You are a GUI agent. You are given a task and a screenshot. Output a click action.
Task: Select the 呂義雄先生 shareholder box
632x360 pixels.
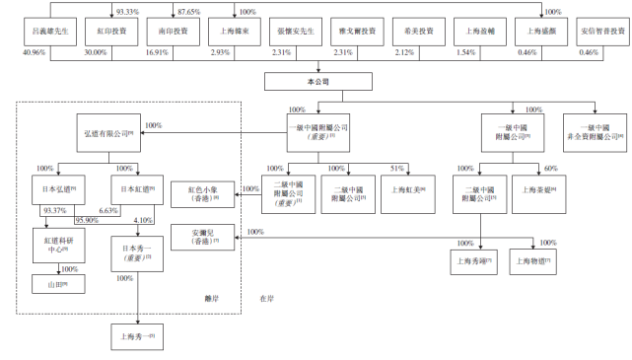[49, 31]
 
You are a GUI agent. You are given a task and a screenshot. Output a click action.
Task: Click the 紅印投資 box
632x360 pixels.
[110, 31]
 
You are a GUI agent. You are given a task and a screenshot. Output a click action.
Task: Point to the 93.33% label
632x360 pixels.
[127, 11]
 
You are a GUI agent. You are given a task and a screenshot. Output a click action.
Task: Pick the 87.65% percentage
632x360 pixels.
[188, 11]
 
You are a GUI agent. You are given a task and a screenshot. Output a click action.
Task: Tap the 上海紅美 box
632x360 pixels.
[406, 189]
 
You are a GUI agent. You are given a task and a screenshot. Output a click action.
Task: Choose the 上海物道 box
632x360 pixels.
[537, 261]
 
